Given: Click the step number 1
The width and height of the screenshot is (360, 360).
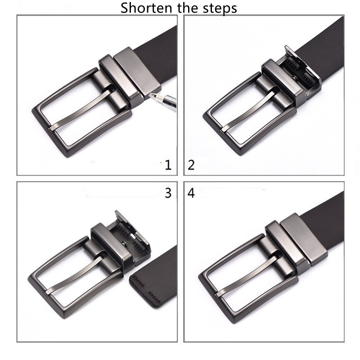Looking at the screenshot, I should (x=168, y=165).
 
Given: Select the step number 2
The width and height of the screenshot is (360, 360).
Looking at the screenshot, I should (x=191, y=165).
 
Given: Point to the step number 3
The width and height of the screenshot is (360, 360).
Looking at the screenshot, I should (x=168, y=193).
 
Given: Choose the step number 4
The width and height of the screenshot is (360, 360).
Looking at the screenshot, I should (x=191, y=193).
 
